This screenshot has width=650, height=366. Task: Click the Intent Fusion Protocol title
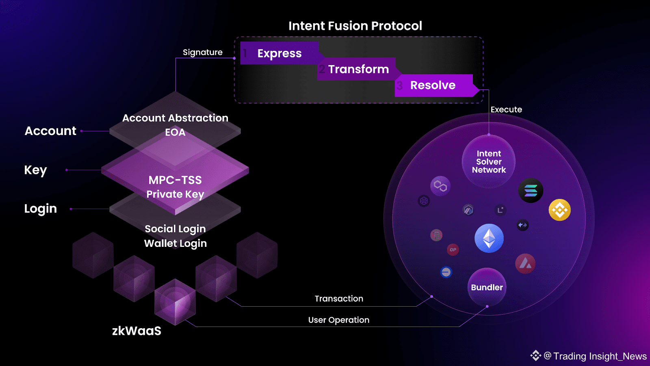pos(355,26)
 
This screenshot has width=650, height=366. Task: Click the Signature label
pos(203,52)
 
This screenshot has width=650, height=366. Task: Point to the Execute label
pos(506,109)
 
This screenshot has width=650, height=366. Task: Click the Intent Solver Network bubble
pos(489,161)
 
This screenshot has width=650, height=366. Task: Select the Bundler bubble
pos(487,287)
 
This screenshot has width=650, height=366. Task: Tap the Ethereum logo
pos(489,238)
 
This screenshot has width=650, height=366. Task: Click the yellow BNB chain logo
pos(560,210)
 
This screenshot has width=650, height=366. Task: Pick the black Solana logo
pos(531,191)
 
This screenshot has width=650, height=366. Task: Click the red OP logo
pos(453,250)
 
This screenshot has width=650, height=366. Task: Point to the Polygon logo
pos(440,186)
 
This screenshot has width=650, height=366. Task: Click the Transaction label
pos(339,298)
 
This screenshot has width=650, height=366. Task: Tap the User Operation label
pos(339,320)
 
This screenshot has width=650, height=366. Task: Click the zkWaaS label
pos(136,331)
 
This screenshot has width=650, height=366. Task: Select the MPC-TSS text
pos(175,180)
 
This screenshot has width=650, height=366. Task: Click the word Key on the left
pos(35,170)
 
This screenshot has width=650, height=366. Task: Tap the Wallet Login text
pos(175,244)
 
